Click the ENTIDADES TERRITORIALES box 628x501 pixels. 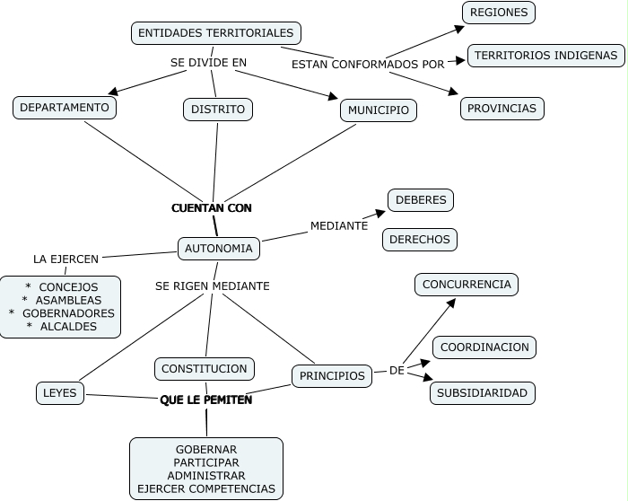(215, 33)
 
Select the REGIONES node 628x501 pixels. (498, 13)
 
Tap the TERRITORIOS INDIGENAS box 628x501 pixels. (545, 56)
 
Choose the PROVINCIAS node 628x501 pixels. (502, 109)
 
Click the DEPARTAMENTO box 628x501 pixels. (65, 108)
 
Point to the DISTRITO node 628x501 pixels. (218, 110)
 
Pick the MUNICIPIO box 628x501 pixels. (378, 110)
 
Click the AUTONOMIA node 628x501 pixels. (219, 248)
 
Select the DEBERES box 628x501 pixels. (420, 199)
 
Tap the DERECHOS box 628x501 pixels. (420, 240)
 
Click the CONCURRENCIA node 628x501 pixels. (467, 285)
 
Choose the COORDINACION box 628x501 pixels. (484, 347)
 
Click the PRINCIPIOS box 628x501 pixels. (332, 376)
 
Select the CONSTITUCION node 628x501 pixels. (205, 368)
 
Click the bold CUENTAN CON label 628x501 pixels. (212, 207)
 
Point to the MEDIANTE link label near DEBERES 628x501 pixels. (339, 225)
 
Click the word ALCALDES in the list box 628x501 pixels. (68, 327)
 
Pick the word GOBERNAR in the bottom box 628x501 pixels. (206, 449)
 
